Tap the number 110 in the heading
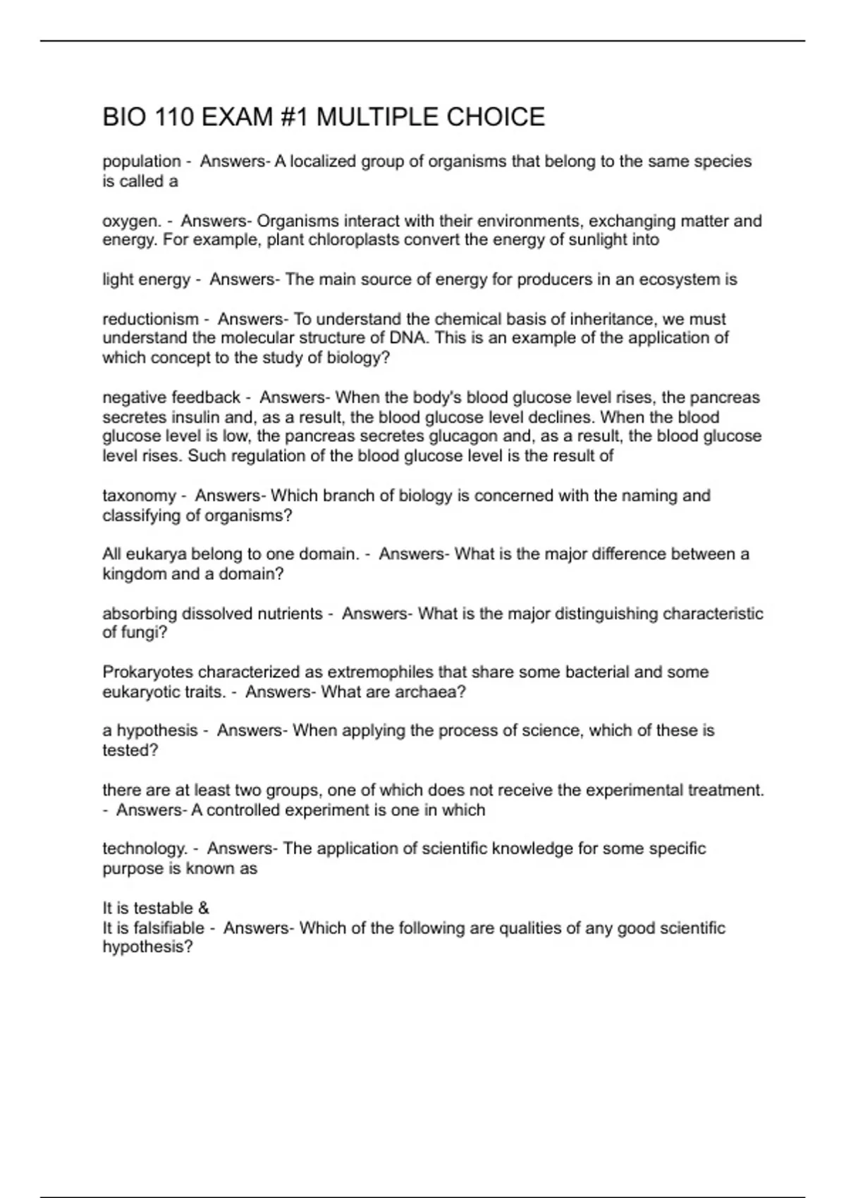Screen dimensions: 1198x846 [173, 117]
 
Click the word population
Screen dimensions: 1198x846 [142, 162]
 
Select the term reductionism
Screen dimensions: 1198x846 [150, 319]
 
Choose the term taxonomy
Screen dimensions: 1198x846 [139, 496]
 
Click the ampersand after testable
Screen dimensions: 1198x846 [204, 908]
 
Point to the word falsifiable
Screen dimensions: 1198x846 [169, 928]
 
